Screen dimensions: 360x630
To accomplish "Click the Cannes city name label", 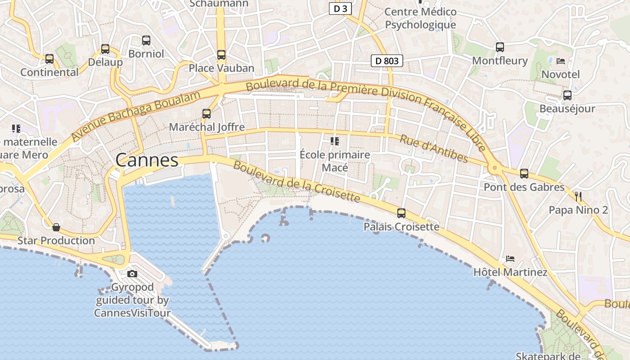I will (x=147, y=160).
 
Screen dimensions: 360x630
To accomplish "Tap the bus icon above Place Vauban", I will (x=221, y=55).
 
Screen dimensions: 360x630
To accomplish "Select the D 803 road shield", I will (x=387, y=61).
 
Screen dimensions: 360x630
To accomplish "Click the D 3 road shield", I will (x=340, y=9).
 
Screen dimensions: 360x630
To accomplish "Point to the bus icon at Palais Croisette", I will (x=401, y=213).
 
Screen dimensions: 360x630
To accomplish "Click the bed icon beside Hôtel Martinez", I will (x=510, y=259).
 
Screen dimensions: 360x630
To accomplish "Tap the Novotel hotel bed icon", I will (x=560, y=61).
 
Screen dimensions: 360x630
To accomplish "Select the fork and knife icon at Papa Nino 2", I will (x=578, y=196).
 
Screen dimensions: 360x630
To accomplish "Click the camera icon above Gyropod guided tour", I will (x=132, y=274).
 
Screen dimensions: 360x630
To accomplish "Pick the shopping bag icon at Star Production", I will (x=56, y=227).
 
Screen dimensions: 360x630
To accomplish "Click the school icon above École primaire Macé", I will (x=334, y=141).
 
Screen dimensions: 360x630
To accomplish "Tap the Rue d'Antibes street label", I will (x=433, y=149).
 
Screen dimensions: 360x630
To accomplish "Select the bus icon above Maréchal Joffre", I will (x=207, y=114).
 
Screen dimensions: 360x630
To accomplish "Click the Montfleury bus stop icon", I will (x=499, y=47).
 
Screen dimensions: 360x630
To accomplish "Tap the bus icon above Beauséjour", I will (x=567, y=95).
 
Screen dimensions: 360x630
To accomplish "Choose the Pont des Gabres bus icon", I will (x=524, y=174).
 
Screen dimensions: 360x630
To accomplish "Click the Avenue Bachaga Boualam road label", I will (x=135, y=116).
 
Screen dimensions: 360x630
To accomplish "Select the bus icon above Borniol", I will (x=146, y=40).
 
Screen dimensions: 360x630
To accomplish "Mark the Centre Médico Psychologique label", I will (x=420, y=18).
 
